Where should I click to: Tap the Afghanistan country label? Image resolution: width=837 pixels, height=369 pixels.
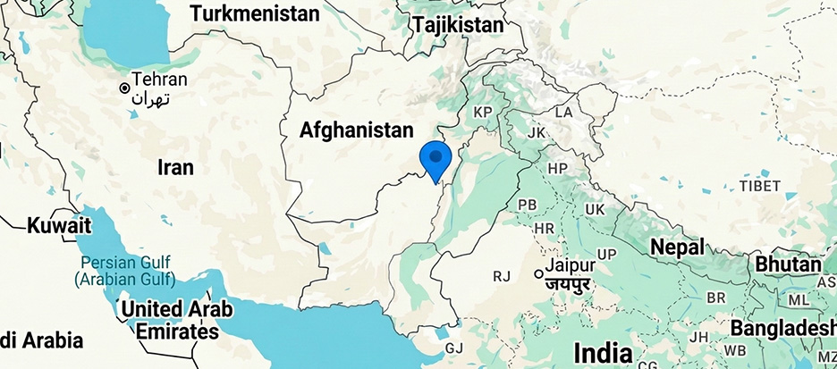tap(357, 130)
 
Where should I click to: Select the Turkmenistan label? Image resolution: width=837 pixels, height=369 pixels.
tap(255, 14)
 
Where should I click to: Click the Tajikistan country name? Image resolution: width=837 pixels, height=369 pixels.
tap(458, 25)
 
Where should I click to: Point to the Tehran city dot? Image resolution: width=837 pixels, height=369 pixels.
tap(125, 88)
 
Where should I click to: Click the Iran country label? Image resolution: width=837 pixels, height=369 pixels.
tap(175, 166)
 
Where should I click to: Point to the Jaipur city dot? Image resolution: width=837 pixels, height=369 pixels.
tap(538, 273)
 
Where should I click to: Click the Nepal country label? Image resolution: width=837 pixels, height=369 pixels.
tap(677, 247)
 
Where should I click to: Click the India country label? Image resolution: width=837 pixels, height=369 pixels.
tap(603, 349)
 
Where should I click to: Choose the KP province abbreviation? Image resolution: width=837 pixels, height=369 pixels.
tap(484, 113)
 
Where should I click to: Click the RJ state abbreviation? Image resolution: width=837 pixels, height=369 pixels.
tap(501, 277)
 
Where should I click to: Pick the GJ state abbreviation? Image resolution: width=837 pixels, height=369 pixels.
tap(455, 348)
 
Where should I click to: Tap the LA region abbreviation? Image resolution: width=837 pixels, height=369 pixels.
tap(563, 113)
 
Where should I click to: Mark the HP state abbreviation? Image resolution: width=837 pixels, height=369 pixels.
tap(558, 168)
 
